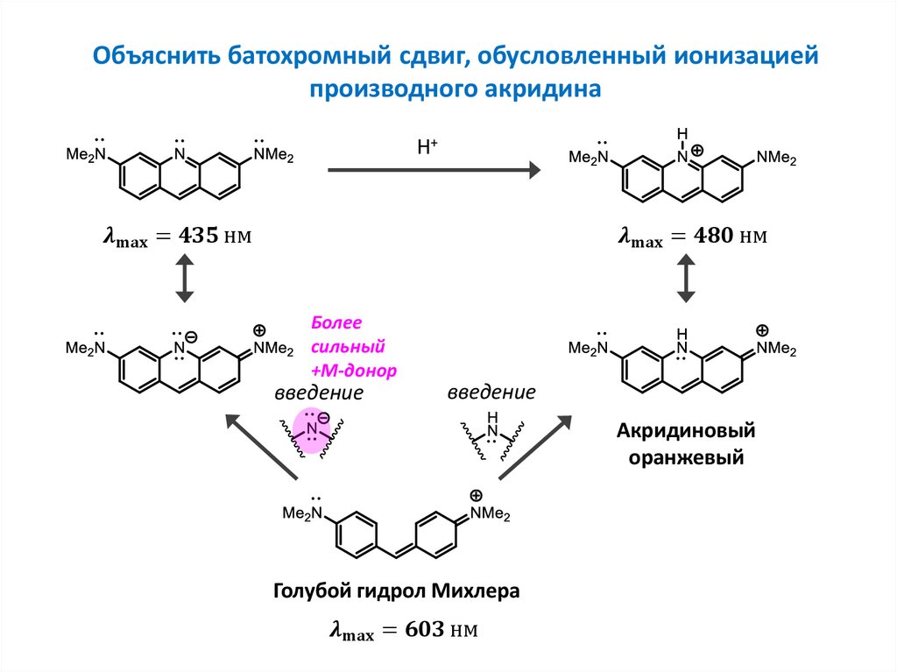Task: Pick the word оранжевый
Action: click(686, 457)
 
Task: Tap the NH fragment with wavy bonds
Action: click(491, 429)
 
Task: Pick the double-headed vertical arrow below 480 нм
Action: click(686, 278)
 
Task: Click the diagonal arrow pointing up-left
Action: click(262, 447)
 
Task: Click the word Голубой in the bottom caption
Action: click(310, 591)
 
